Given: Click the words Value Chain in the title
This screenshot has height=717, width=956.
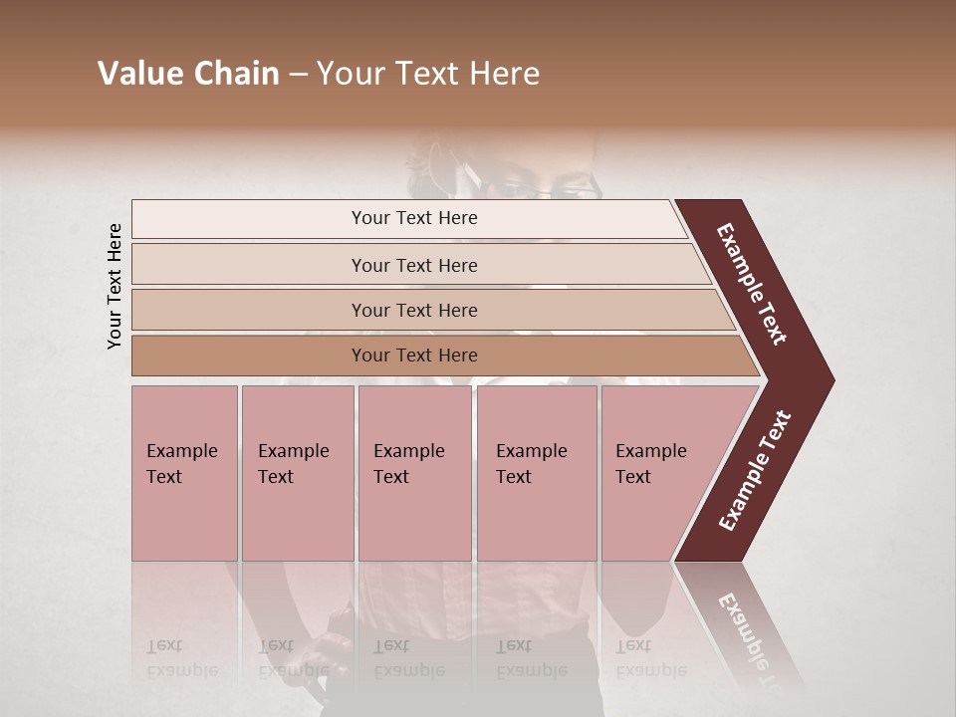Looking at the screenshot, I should (x=188, y=74).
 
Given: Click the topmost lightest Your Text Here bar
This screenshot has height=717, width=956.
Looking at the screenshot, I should (x=414, y=218).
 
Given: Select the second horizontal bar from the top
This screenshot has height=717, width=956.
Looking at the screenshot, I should (x=414, y=265).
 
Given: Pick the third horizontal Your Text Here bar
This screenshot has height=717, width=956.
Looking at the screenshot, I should (x=414, y=311).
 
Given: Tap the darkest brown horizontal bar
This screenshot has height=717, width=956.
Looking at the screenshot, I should (x=414, y=356).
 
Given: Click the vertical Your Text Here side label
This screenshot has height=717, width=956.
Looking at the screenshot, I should (x=115, y=286).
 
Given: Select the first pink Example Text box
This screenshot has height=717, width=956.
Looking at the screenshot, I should (x=184, y=473).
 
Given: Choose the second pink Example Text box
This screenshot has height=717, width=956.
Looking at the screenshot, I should (x=297, y=473).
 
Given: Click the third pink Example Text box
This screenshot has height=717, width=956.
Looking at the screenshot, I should (x=414, y=473).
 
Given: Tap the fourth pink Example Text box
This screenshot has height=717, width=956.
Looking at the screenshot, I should (x=537, y=473).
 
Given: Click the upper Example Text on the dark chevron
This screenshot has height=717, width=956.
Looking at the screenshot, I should (x=753, y=284).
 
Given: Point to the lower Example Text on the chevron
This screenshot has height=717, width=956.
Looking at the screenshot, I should (x=755, y=470).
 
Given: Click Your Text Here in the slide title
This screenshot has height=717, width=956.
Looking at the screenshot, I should (x=428, y=74).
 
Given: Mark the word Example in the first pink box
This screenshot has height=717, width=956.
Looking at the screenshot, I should (x=181, y=451).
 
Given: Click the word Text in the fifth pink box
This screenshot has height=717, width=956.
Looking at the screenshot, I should (x=633, y=477).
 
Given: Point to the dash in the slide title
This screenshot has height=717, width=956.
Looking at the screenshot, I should (x=298, y=74).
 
